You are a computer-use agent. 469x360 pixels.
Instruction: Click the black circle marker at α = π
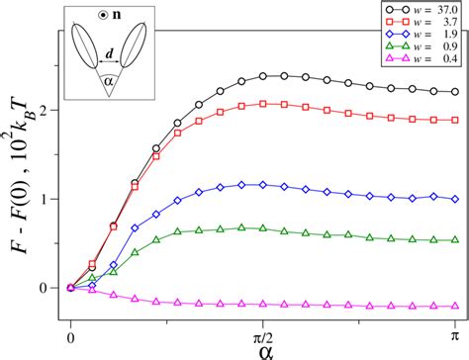tap(454, 91)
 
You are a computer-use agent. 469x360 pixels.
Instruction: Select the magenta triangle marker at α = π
tap(454, 307)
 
